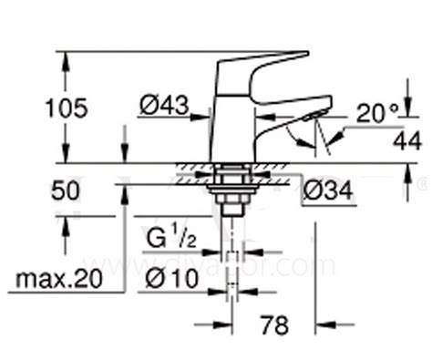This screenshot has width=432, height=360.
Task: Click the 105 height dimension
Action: coord(67,108)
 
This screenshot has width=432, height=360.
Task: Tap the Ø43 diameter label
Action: coord(164,106)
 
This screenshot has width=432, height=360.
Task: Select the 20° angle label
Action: coord(377,113)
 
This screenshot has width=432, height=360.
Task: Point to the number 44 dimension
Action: coord(407,140)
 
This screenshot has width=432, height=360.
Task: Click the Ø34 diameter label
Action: coord(328,190)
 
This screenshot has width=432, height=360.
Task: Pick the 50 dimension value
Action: coord(65,191)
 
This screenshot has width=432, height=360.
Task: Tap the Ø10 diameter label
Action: coord(171,278)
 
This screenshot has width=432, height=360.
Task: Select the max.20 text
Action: coord(59,279)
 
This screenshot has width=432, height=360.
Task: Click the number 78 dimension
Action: coord(274,325)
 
